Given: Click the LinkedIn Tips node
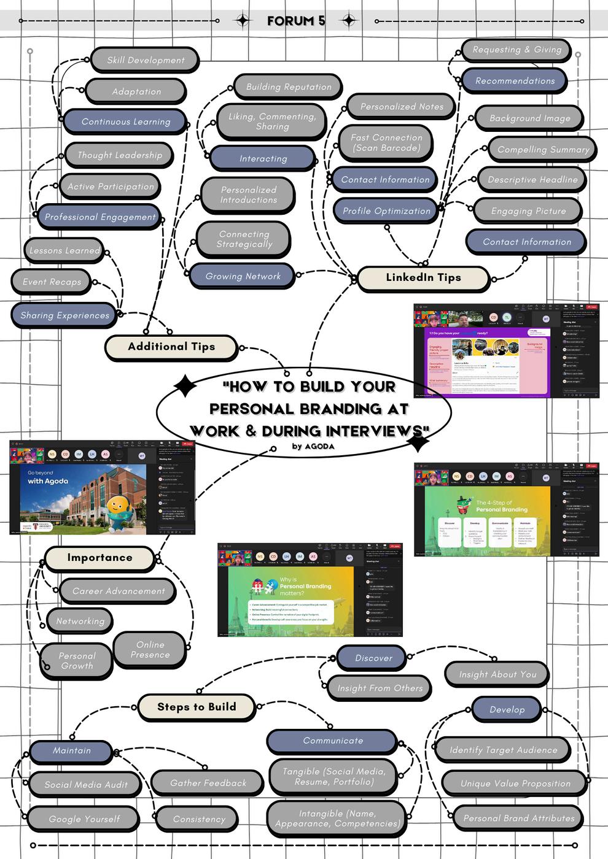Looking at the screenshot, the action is coord(423,277).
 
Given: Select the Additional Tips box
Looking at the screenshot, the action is coord(171,347).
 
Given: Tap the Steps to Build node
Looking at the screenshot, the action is coord(197,707).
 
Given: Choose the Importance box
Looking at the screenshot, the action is coord(99,558).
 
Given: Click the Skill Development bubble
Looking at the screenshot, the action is coord(146,60).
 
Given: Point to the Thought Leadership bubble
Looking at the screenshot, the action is coord(120,155).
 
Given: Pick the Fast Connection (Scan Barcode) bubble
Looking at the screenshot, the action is coord(386,143).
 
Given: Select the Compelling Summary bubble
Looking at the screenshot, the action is coord(543,149).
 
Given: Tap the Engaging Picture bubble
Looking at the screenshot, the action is coord(528,211).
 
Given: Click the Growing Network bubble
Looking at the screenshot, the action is coord(243,276).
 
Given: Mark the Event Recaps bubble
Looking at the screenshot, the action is coord(52,282).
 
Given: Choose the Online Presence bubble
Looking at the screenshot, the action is coord(150,650).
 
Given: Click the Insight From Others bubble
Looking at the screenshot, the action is coord(380,688).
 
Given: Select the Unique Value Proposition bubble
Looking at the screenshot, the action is coord(515,784).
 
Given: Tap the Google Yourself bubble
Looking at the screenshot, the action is coord(84,819).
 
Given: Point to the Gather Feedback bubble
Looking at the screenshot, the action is coord(208,783).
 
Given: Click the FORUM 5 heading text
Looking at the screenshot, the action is coord(296,21).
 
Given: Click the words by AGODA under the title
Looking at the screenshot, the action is coord(313,446).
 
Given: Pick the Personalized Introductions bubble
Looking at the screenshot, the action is coord(249,195).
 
